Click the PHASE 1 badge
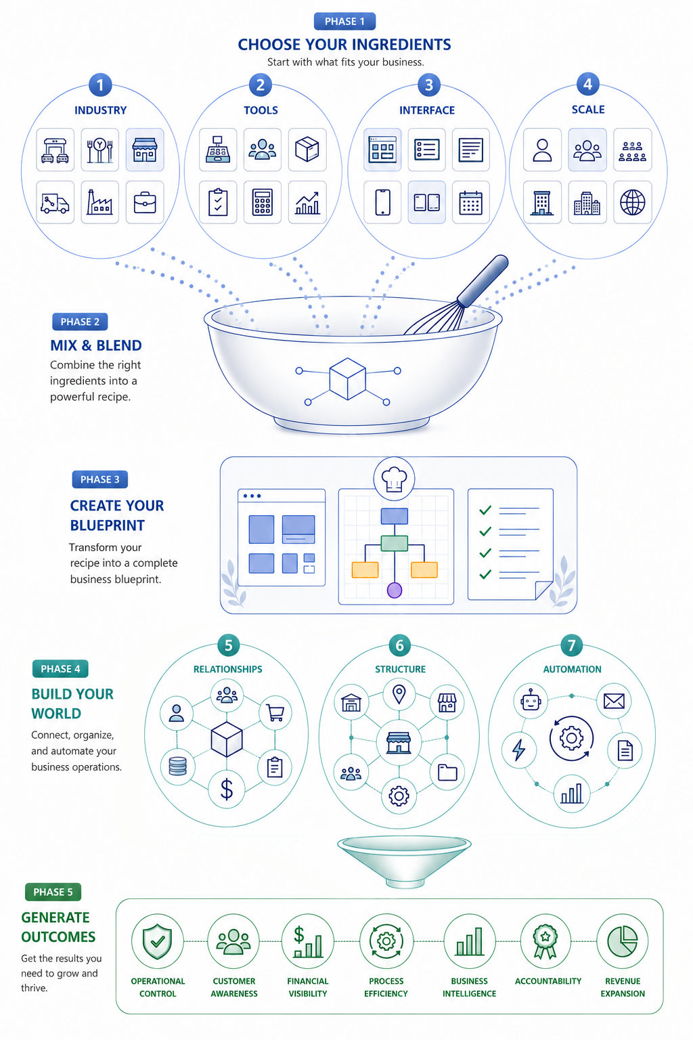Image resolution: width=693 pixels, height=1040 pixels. (x=344, y=22)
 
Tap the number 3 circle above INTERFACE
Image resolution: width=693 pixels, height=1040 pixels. (x=429, y=85)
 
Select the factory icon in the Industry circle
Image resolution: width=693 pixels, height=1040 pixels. (x=99, y=202)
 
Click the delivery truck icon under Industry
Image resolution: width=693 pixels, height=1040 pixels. (x=55, y=202)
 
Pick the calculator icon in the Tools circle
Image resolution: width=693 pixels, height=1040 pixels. (x=263, y=202)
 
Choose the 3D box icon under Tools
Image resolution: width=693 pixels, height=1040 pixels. (x=307, y=150)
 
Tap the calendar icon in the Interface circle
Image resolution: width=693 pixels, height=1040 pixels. (x=471, y=202)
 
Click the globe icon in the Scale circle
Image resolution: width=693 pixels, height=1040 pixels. (x=633, y=202)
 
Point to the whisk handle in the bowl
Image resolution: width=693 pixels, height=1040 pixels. (x=483, y=280)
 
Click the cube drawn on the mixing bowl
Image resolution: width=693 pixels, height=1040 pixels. (x=348, y=378)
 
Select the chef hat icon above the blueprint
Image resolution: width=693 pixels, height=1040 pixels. (x=394, y=479)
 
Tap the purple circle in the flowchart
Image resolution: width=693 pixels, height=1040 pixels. (x=395, y=590)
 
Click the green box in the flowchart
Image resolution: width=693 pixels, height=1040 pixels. (x=394, y=543)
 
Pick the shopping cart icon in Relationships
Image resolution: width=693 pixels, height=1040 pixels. (x=275, y=712)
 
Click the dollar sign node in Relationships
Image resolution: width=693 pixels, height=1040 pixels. (x=227, y=789)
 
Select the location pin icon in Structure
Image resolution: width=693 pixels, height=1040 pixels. (x=399, y=694)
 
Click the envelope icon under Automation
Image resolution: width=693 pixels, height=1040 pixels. (x=614, y=701)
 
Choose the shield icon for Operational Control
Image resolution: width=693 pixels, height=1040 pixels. (x=158, y=941)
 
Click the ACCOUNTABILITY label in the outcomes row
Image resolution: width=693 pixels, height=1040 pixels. (x=547, y=981)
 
